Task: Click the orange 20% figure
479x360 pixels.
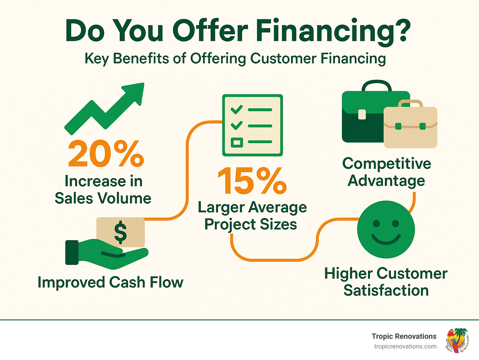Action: [106, 154]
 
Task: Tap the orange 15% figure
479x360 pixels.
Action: [252, 181]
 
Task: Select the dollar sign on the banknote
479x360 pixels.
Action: [120, 232]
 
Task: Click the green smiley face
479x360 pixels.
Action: [386, 230]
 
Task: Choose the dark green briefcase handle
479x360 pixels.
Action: [376, 85]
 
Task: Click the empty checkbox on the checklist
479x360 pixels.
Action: [237, 143]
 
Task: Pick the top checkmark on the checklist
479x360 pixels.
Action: [236, 109]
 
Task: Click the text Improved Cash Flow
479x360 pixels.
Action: [110, 282]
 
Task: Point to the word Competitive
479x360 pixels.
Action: [387, 164]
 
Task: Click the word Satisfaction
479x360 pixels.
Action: [386, 290]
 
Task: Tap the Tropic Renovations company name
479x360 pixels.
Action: [404, 336]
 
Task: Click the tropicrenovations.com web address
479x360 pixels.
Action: [405, 347]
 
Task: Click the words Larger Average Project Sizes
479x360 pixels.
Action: [252, 216]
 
